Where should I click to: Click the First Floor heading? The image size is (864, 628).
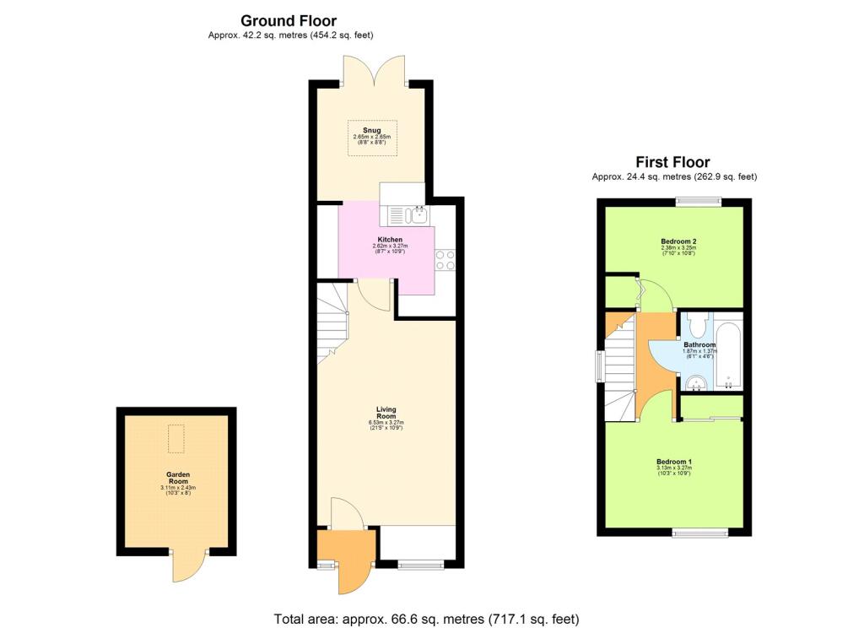672,162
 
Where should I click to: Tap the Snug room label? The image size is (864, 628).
372,130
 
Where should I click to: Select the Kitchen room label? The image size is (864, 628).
390,241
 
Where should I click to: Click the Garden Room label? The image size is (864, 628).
178,479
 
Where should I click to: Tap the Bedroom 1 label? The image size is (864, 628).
674,461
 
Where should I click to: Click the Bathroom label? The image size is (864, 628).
699,345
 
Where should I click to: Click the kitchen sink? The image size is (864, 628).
406,214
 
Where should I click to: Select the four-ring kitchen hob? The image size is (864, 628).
445,260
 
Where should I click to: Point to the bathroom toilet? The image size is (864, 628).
696,325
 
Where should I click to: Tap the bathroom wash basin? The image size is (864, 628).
696,385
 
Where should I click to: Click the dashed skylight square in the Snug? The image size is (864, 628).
372,138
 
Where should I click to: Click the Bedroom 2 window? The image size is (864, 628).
699,201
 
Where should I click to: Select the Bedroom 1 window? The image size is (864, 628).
699,532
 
